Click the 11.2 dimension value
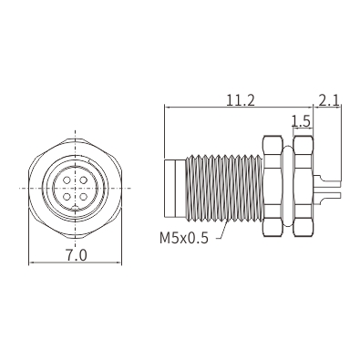click(241, 100)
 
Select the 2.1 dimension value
click(329, 100)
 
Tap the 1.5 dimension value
click(301, 121)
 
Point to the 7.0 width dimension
click(77, 255)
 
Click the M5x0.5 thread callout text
click(184, 238)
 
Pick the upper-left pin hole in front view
click(67, 180)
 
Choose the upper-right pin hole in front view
click(83, 180)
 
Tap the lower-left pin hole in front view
click(67, 197)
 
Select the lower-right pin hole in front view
click(83, 197)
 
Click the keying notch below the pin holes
click(75, 209)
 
